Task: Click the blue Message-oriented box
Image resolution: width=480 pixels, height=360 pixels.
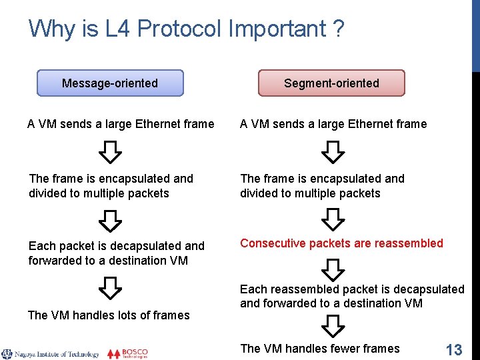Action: pyautogui.click(x=110, y=83)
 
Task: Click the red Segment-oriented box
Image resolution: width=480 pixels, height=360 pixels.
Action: pyautogui.click(x=331, y=83)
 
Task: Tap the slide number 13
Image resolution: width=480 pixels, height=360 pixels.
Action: pyautogui.click(x=453, y=349)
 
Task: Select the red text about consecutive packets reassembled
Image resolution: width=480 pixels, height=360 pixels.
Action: pyautogui.click(x=341, y=243)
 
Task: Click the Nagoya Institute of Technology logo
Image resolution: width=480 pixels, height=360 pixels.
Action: pyautogui.click(x=50, y=353)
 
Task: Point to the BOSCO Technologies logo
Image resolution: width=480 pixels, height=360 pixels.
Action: pyautogui.click(x=127, y=353)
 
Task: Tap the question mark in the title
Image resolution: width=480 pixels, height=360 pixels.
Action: pyautogui.click(x=338, y=29)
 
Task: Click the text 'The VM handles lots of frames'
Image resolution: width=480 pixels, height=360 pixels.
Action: pyautogui.click(x=109, y=315)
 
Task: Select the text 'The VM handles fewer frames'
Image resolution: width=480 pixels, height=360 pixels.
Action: pyautogui.click(x=319, y=349)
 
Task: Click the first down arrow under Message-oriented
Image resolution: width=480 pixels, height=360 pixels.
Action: pyautogui.click(x=110, y=153)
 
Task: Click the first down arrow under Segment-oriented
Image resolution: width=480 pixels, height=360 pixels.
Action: pyautogui.click(x=333, y=153)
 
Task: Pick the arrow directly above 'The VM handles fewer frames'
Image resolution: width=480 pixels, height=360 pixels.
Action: pyautogui.click(x=333, y=326)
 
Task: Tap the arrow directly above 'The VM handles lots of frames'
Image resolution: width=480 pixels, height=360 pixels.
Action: pyautogui.click(x=110, y=288)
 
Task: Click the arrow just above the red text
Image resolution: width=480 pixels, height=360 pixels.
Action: pyautogui.click(x=333, y=219)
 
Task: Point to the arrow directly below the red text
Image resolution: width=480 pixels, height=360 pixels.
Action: pyautogui.click(x=333, y=269)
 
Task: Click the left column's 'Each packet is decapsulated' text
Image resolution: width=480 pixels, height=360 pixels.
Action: pyautogui.click(x=117, y=253)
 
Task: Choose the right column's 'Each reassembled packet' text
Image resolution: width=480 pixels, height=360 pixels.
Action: pyautogui.click(x=352, y=296)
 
